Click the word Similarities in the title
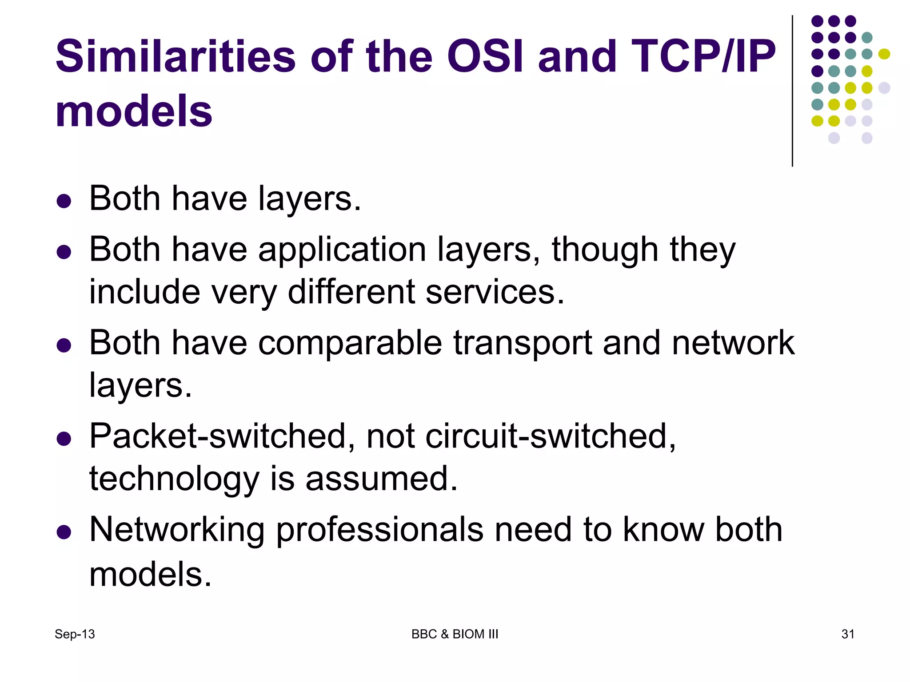click(176, 56)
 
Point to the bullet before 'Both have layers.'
click(64, 201)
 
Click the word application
click(342, 250)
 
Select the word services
click(495, 292)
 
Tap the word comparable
click(350, 343)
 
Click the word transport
click(523, 343)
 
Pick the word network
click(733, 343)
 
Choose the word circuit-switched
click(550, 436)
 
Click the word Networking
click(177, 530)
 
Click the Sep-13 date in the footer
click(75, 634)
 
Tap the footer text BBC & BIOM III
click(455, 634)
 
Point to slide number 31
click(848, 634)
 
